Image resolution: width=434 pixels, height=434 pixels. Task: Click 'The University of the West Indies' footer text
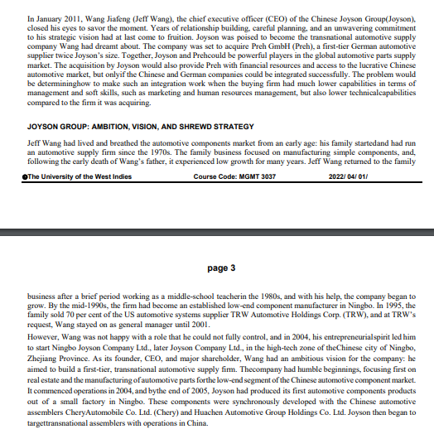tap(76, 177)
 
